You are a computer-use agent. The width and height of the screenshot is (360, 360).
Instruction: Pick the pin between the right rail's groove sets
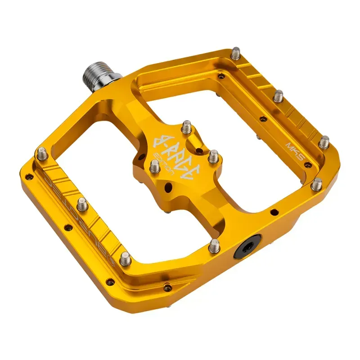279,96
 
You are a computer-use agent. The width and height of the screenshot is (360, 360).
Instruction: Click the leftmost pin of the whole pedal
43,153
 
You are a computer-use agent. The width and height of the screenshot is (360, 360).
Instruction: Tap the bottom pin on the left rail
125,258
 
